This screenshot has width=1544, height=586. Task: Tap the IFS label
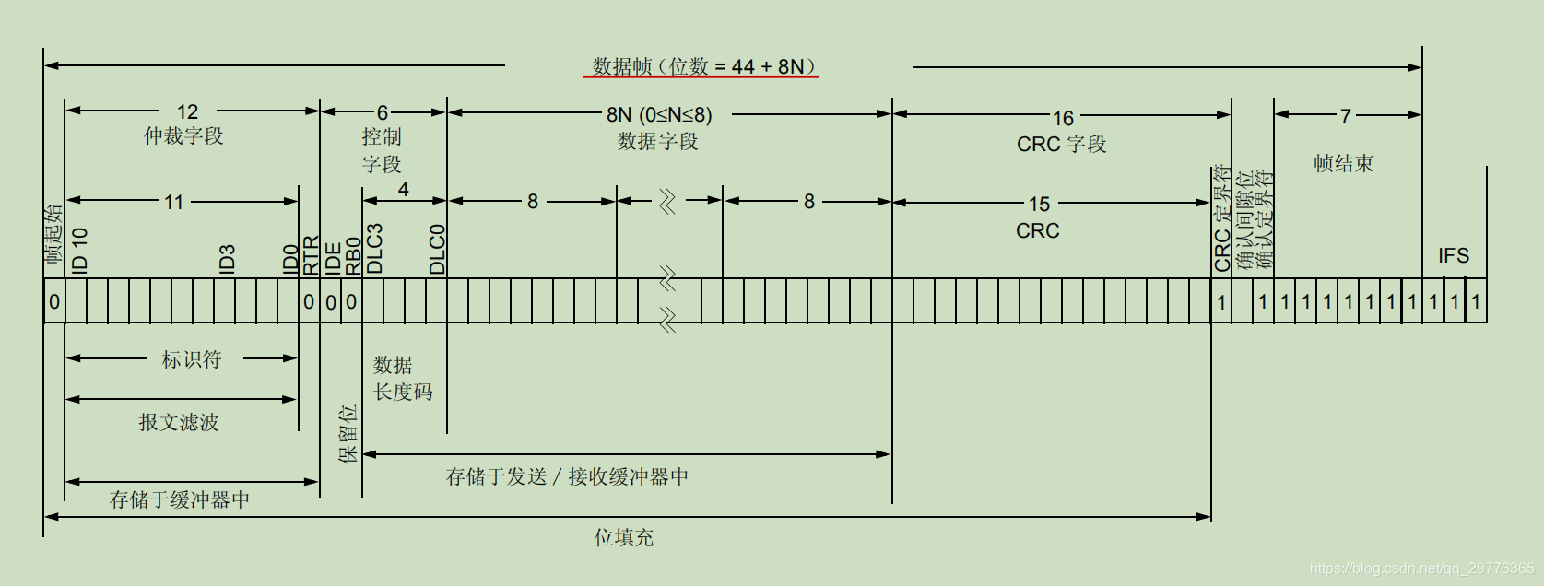pyautogui.click(x=1454, y=255)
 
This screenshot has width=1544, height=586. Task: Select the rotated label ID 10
pyautogui.click(x=79, y=250)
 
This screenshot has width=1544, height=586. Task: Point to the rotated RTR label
pyautogui.click(x=311, y=255)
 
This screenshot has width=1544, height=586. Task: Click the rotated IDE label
pyautogui.click(x=333, y=258)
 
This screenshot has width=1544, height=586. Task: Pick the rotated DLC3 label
pyautogui.click(x=374, y=249)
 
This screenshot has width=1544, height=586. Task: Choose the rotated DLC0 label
pyautogui.click(x=437, y=249)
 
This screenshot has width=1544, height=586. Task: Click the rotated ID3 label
pyautogui.click(x=227, y=258)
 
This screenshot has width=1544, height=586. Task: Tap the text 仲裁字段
pyautogui.click(x=183, y=136)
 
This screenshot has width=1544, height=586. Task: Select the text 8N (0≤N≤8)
pyautogui.click(x=659, y=115)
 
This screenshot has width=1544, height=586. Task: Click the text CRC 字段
pyautogui.click(x=1061, y=145)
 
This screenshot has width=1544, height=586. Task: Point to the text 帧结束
pyautogui.click(x=1343, y=164)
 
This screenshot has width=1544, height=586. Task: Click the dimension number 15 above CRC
pyautogui.click(x=1039, y=204)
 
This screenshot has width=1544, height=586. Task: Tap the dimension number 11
pyautogui.click(x=174, y=202)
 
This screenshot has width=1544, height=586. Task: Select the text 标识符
pyautogui.click(x=192, y=359)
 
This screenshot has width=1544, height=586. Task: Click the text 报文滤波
pyautogui.click(x=179, y=422)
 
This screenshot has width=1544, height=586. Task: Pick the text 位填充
pyautogui.click(x=624, y=537)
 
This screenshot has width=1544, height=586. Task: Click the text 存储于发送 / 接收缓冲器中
pyautogui.click(x=567, y=476)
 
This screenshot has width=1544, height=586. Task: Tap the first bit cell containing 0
pyautogui.click(x=54, y=301)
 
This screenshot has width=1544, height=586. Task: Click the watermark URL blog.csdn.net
pyautogui.click(x=1421, y=568)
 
